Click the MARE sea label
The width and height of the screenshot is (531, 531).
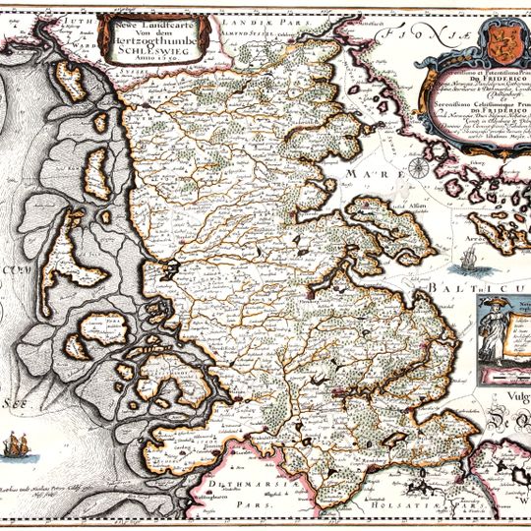click(362, 173)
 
